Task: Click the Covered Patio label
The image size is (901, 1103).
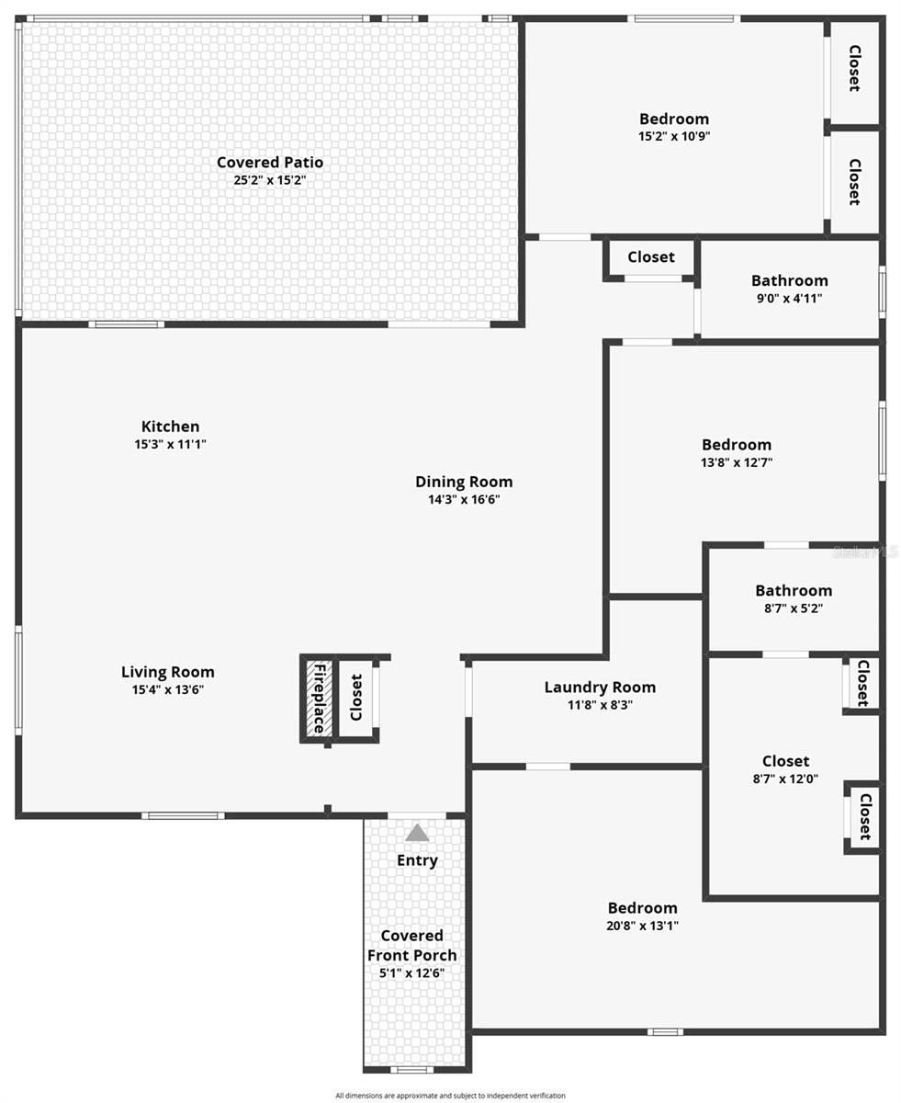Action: [269, 163]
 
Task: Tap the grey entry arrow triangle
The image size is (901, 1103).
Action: [417, 833]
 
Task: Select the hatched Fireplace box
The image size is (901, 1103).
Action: [318, 698]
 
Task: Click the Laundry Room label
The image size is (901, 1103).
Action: [600, 687]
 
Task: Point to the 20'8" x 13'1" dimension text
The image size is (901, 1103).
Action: [642, 926]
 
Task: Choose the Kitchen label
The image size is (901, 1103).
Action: [170, 426]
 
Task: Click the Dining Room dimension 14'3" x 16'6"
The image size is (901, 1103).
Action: [463, 499]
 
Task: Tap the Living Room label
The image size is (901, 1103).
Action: [168, 672]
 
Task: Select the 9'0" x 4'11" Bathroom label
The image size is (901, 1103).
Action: [789, 280]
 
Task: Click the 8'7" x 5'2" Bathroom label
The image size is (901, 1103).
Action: [794, 590]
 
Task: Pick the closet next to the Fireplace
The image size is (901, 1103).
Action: [356, 698]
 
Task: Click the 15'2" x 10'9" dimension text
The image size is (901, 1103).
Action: [674, 136]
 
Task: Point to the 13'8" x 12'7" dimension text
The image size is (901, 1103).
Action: [736, 462]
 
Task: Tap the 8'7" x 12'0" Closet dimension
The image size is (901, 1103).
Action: [785, 779]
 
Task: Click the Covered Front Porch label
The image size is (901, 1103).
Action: [411, 945]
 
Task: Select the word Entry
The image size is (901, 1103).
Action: [417, 860]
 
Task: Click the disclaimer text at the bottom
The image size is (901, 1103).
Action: [450, 1095]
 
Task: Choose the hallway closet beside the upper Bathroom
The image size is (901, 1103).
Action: [651, 257]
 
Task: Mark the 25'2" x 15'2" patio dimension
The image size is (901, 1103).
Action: [269, 180]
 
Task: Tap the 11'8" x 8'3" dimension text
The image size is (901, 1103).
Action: [600, 705]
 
